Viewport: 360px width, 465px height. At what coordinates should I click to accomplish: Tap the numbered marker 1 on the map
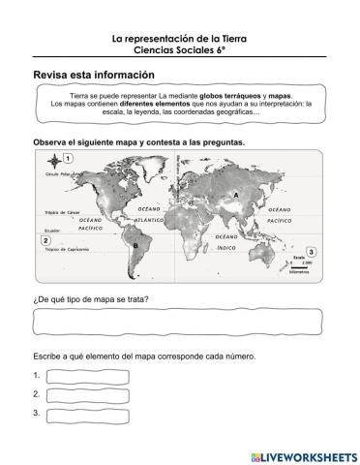(x=72, y=158)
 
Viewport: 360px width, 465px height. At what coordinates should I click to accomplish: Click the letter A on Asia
(x=235, y=194)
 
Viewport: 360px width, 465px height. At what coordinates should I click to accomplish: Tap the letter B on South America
(x=135, y=245)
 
